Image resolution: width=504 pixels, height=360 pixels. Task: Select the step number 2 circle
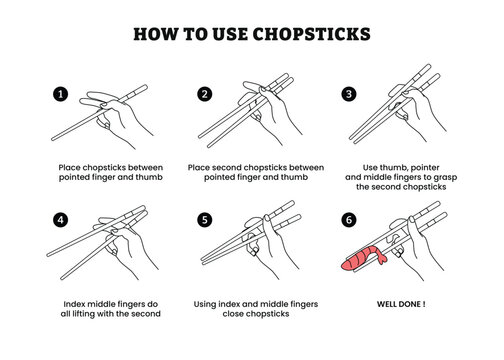coord(204,94)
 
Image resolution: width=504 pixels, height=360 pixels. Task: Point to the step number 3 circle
coord(349,94)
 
